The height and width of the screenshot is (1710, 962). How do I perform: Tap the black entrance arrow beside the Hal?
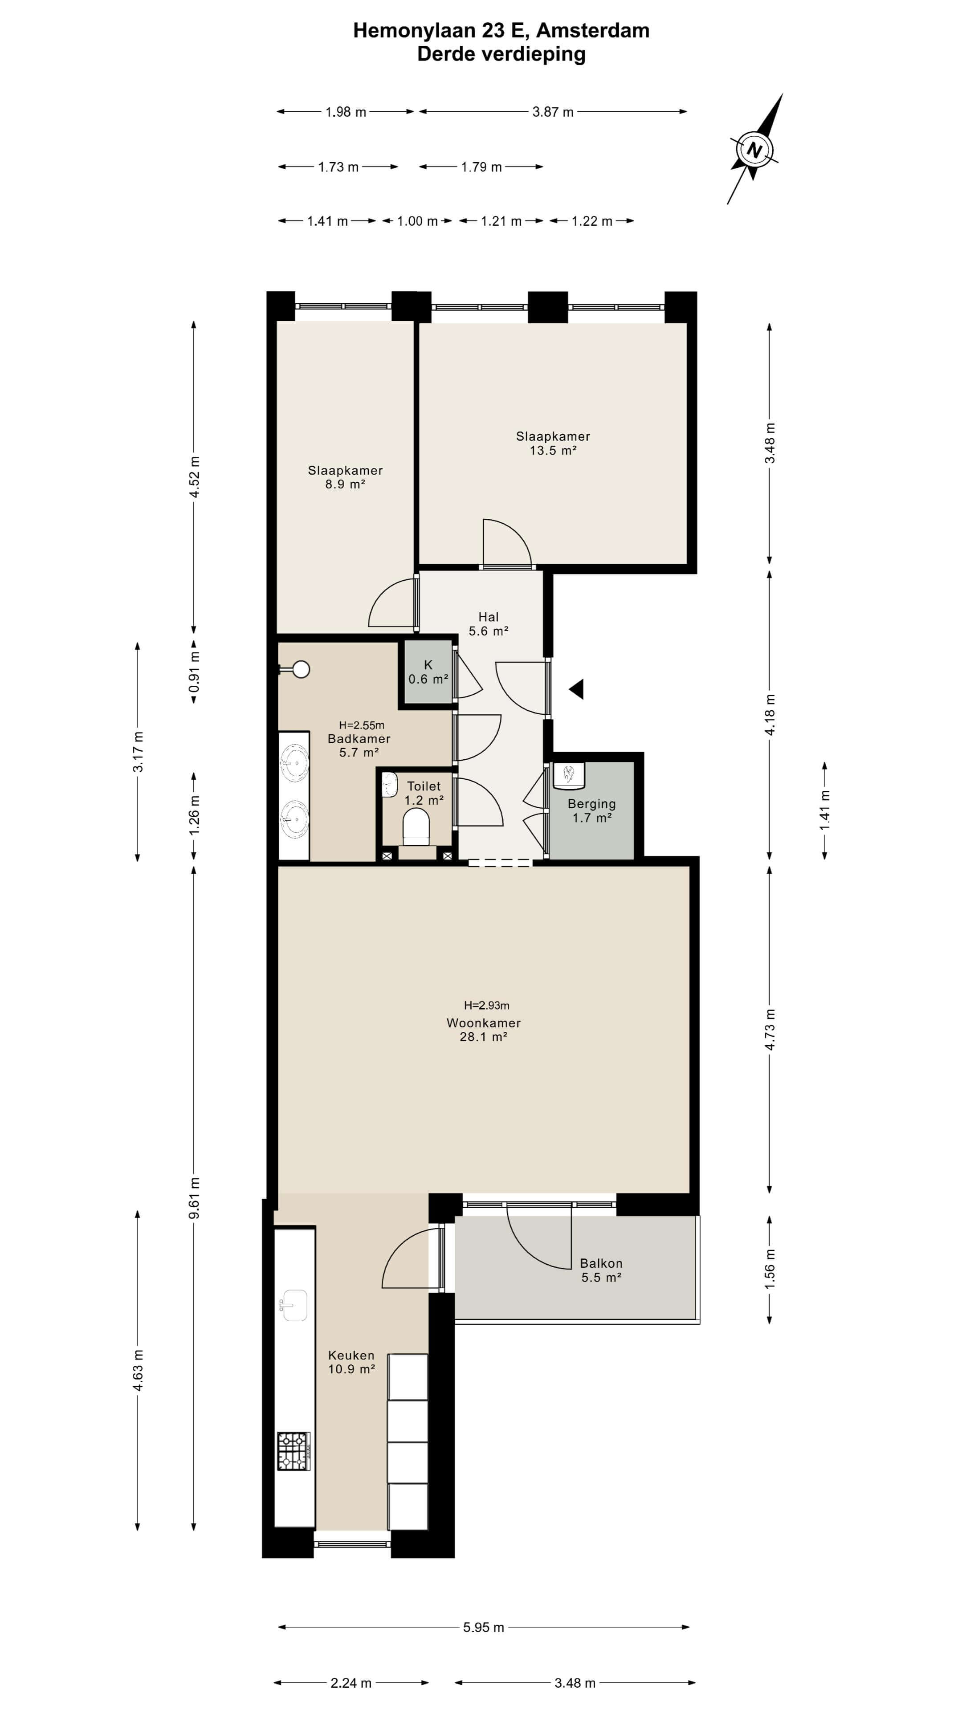pos(576,689)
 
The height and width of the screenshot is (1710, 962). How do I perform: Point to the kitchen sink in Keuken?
pos(293,1306)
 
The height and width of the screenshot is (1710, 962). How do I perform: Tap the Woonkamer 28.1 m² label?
pos(483,1030)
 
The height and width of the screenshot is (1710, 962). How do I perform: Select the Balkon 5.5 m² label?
pos(601,1270)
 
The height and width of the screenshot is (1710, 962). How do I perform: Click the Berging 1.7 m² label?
pos(591,810)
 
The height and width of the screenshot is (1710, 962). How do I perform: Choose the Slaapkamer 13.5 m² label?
pos(553,443)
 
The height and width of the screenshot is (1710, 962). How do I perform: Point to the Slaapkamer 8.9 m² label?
pos(345,476)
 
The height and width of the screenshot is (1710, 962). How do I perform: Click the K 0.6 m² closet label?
pos(428,672)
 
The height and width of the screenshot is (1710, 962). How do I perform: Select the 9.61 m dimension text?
pos(194,1197)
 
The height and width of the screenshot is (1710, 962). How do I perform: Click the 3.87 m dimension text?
pos(552,111)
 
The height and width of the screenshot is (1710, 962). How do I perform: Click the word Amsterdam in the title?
pos(592,31)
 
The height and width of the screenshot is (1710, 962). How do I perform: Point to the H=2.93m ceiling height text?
pos(487,1005)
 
